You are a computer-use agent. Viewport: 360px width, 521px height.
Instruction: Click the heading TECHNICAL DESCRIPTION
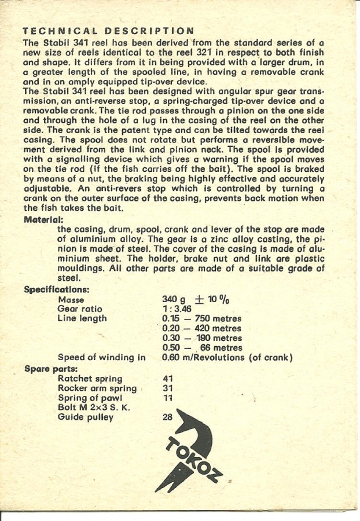(108, 31)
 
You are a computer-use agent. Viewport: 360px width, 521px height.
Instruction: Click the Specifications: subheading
(57, 289)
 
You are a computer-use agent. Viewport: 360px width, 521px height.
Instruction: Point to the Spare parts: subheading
(51, 368)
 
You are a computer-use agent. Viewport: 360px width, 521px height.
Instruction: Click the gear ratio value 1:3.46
(177, 309)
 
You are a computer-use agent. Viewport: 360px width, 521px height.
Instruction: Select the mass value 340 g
(174, 299)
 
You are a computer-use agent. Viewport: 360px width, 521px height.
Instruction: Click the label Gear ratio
(80, 309)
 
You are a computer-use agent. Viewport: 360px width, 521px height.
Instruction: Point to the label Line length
(82, 318)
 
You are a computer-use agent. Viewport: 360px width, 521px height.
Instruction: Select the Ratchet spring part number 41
(168, 379)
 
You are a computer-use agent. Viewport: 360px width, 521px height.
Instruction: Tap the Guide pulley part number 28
(168, 417)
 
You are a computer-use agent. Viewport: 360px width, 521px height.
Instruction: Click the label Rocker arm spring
(97, 388)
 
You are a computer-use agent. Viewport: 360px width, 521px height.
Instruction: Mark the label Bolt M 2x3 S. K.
(94, 408)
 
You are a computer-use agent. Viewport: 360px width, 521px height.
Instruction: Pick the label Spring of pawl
(90, 398)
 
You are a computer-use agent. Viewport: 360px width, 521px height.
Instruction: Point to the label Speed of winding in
(101, 358)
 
